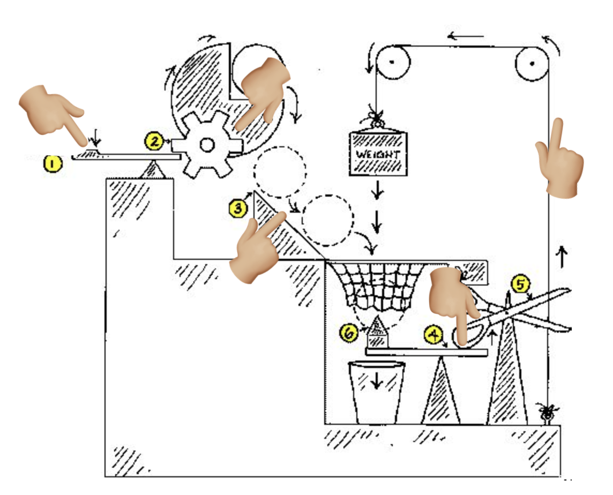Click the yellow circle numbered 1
click(x=52, y=163)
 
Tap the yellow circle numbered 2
click(x=153, y=141)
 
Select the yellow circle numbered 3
click(x=237, y=208)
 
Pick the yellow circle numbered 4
click(x=433, y=335)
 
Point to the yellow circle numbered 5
click(x=519, y=284)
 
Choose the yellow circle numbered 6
click(x=349, y=333)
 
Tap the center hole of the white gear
click(x=206, y=145)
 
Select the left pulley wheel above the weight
click(x=392, y=62)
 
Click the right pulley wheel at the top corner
click(x=532, y=63)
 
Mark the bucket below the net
click(x=376, y=391)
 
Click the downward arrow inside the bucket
click(x=376, y=380)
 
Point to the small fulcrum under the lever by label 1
click(x=154, y=169)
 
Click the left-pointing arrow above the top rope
click(x=466, y=37)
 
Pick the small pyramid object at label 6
click(x=378, y=332)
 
